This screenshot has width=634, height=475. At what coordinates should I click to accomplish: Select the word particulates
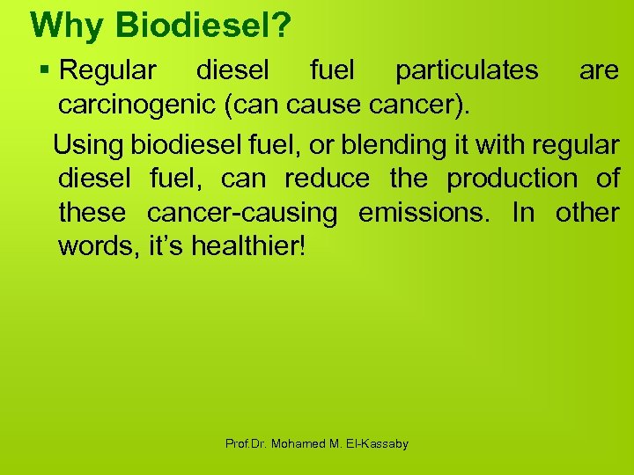coord(467,70)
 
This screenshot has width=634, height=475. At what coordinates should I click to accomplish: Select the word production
coord(512,178)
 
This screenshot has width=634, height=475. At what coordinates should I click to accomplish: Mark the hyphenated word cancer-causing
coord(242,213)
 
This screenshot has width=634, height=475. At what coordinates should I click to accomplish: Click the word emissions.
coord(431,213)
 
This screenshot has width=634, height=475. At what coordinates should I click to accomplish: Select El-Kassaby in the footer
coord(375,444)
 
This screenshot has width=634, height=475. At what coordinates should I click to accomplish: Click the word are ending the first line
coord(599,70)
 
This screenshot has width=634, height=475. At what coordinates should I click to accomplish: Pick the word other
coord(587,213)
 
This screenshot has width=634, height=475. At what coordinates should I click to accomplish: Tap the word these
coord(91,213)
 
